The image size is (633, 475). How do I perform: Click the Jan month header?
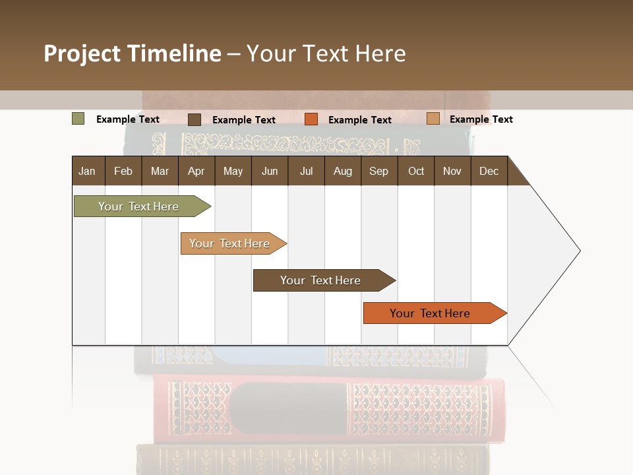(87, 172)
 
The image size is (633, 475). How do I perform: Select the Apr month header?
(196, 172)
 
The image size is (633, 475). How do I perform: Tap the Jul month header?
(306, 172)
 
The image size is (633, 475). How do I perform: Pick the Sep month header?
(378, 172)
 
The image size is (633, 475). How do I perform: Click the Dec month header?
(489, 172)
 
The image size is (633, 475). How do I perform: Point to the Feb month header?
(123, 172)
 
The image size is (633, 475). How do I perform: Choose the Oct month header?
(416, 172)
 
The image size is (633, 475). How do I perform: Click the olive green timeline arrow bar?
(138, 206)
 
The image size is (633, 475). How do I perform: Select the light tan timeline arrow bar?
(229, 243)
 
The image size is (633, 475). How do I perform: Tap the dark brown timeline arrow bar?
(320, 280)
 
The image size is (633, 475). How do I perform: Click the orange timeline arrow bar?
(430, 313)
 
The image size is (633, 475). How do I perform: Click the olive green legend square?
(78, 119)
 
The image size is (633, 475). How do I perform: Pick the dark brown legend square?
(194, 119)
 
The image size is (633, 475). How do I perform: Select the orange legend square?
(311, 119)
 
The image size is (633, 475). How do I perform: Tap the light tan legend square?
(433, 119)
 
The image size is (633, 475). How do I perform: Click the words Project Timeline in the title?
(132, 53)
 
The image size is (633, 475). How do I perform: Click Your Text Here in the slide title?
(326, 53)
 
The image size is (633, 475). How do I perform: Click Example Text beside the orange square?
(359, 120)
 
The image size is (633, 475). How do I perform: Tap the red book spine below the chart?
(323, 409)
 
